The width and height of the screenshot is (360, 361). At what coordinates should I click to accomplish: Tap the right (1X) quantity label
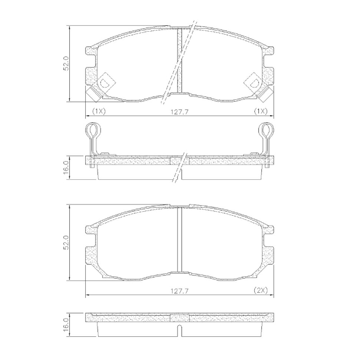click(260, 110)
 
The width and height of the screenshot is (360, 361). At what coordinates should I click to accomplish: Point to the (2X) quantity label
click(260, 290)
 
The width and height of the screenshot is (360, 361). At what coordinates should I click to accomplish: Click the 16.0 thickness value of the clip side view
click(67, 166)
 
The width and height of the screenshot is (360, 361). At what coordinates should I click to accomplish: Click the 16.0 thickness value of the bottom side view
click(67, 322)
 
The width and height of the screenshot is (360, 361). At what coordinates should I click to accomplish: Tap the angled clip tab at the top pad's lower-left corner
click(93, 93)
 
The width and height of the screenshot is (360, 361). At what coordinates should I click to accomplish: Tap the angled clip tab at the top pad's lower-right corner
click(266, 93)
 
